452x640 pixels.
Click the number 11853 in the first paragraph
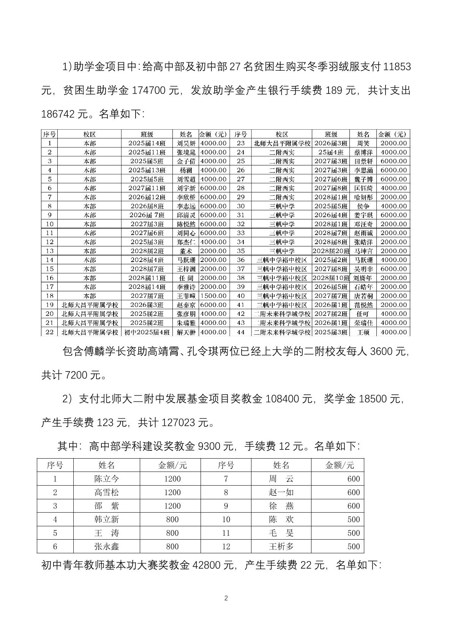pos(397,67)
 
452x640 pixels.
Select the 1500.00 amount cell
pos(213,296)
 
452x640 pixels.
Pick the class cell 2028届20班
pos(331,251)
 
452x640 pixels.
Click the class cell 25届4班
pos(331,152)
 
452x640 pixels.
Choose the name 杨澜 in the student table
pos(186,170)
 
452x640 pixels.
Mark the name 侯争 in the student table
pos(363,206)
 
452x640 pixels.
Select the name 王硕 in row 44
pos(363,332)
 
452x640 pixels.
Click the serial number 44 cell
pos(241,332)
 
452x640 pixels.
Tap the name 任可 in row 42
pos(363,314)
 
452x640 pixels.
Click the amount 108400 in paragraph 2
pos(282,399)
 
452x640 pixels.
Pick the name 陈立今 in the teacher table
pos(106,479)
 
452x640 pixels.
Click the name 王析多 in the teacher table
pos(281,546)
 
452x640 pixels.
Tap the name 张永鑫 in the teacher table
pos(106,546)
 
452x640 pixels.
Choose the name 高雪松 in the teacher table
pos(106,492)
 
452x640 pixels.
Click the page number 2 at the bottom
pos(226,598)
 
